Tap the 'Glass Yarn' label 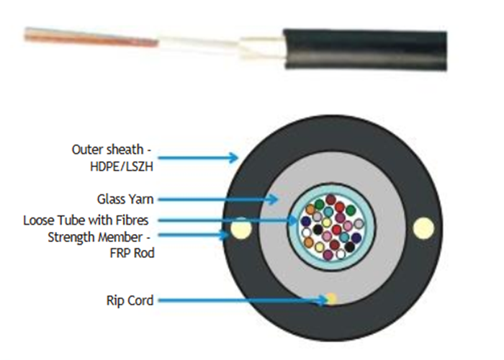point(125,198)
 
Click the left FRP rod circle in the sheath point(239,230)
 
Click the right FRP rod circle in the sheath point(422,228)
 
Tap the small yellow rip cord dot point(330,297)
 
